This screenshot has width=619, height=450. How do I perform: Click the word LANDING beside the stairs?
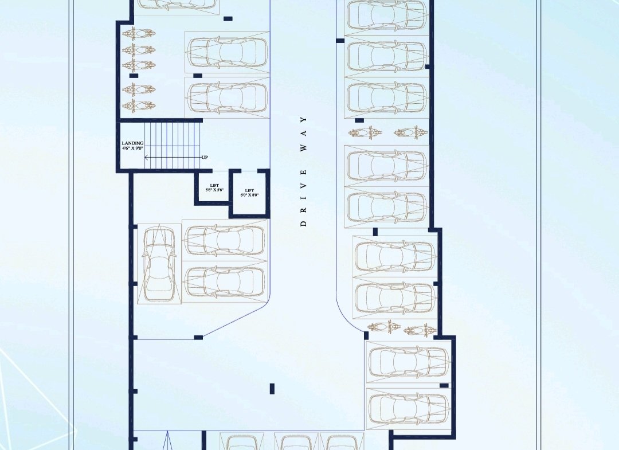coord(132,143)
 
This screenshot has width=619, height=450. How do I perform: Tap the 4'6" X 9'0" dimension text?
coord(132,148)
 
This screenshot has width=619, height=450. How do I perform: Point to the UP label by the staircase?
coord(205,158)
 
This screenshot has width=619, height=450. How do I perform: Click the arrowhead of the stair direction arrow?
coord(147,158)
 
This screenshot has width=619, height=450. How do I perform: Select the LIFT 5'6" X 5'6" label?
coord(215,187)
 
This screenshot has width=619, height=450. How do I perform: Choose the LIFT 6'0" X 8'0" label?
coord(249,193)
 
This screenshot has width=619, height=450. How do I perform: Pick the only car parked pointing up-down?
coord(159,264)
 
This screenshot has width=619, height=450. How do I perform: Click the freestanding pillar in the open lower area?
coord(272,389)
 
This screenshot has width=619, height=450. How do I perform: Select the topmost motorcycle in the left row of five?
coord(139,34)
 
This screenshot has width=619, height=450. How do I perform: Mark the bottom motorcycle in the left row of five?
coord(139,105)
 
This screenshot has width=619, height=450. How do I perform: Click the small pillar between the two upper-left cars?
coord(197,76)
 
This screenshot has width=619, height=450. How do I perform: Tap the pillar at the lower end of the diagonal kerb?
coord(198,338)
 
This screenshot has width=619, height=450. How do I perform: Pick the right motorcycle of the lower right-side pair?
coord(421,330)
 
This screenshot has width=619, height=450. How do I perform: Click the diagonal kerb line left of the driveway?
coord(237,318)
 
